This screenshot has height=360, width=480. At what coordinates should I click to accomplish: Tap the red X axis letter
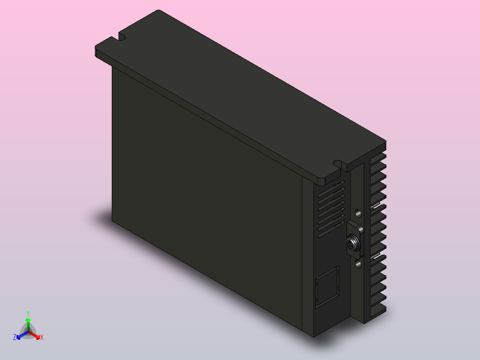pos(42,338)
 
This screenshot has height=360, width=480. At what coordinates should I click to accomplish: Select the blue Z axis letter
pos(15,338)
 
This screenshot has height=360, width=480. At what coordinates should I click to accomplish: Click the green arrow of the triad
pos(28,323)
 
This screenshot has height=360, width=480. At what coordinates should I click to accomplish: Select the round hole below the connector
pos(359,265)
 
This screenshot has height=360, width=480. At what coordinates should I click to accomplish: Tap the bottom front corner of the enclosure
pos(313,336)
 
